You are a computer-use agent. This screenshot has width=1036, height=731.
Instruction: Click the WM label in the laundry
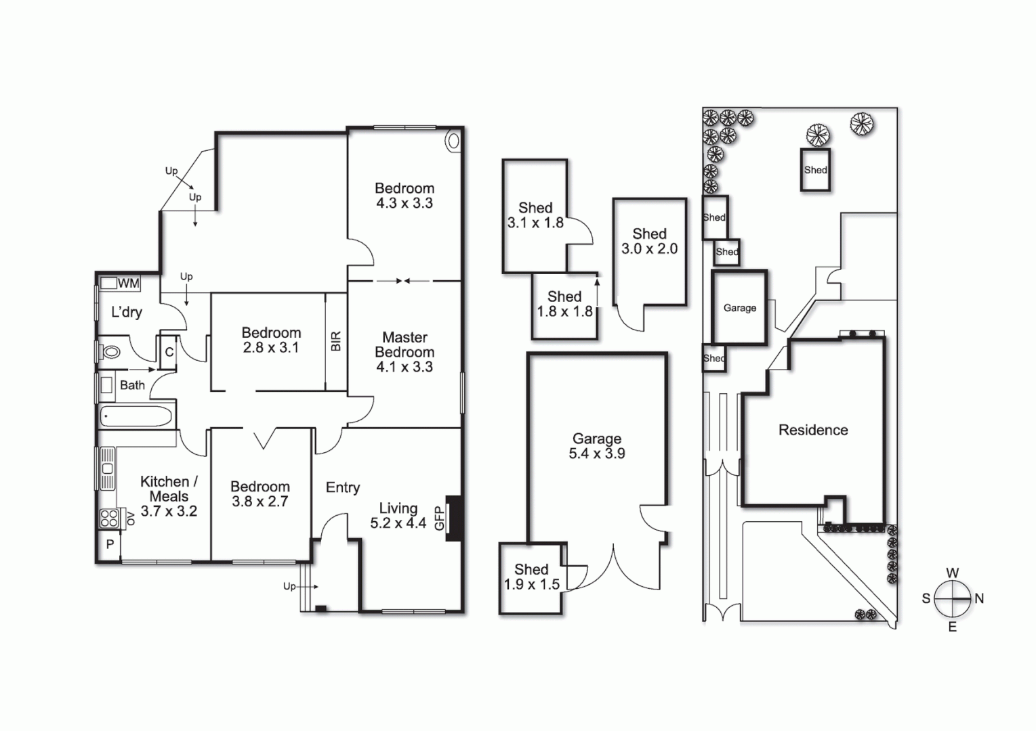[128, 284]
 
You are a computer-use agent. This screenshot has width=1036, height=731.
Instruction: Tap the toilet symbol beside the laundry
[111, 352]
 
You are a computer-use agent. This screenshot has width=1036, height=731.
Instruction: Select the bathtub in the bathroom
[136, 416]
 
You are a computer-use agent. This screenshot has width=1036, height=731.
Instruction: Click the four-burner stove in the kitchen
[109, 518]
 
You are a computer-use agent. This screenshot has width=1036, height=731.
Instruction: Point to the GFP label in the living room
[439, 518]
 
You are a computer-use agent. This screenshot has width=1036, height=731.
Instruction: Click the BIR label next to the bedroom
[336, 341]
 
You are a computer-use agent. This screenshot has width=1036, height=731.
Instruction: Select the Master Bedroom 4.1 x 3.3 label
[405, 352]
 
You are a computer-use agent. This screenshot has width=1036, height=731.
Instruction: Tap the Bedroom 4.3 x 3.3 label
[405, 196]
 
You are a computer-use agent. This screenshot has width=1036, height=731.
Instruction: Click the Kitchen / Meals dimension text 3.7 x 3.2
[169, 511]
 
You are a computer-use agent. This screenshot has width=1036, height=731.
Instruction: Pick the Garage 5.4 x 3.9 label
[597, 446]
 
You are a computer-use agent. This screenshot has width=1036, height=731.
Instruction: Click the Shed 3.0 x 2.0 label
[649, 241]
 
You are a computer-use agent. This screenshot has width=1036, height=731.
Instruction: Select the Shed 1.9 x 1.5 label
[531, 577]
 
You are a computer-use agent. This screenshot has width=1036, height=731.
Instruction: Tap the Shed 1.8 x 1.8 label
[564, 304]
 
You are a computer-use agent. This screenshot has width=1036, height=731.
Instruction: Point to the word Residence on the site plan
[813, 430]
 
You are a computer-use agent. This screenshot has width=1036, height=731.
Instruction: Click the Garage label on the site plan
[739, 308]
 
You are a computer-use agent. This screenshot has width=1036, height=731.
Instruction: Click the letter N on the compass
[979, 598]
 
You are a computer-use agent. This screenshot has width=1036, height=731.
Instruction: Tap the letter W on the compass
[952, 573]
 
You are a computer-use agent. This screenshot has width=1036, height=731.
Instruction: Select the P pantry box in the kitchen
[110, 544]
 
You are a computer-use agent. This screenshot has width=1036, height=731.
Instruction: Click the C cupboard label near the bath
[169, 352]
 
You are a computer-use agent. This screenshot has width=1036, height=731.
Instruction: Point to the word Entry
[342, 487]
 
